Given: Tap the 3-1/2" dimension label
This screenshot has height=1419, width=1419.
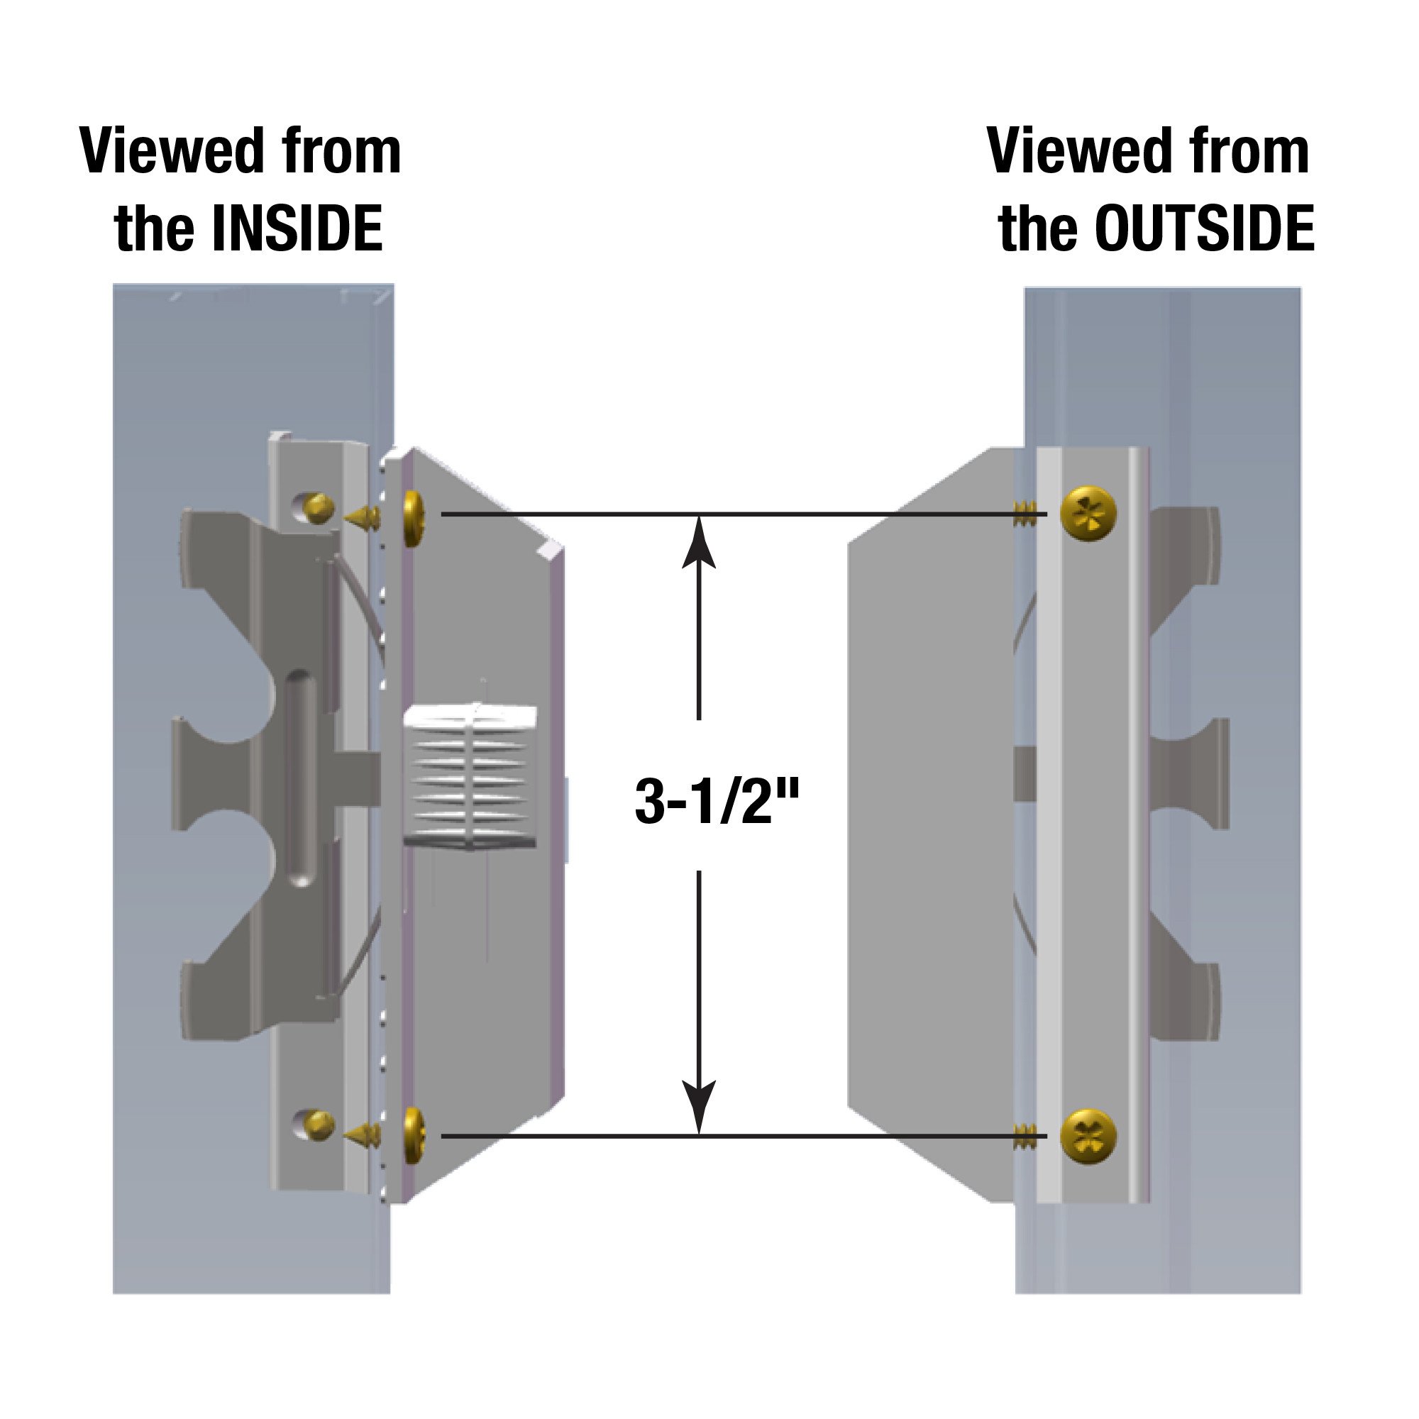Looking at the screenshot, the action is [716, 802].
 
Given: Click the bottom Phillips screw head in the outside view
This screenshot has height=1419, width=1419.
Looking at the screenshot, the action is [1089, 1137].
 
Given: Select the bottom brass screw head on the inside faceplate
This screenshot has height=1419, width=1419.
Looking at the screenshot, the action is [415, 1136].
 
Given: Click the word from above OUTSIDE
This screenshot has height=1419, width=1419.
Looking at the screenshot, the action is [1249, 152].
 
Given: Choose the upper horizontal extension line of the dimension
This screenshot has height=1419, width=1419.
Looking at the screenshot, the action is [734, 515].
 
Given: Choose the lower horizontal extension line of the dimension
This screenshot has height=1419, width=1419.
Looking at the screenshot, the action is [734, 1136].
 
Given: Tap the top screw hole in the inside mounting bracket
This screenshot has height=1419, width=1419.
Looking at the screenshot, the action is [313, 507].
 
